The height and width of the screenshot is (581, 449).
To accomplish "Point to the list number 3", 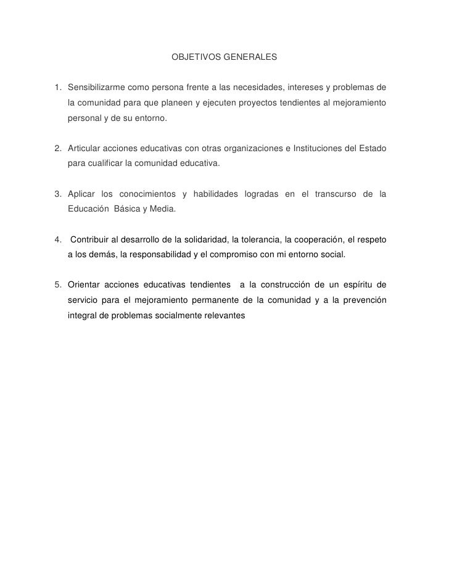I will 57,194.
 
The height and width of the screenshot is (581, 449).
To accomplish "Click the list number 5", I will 57,284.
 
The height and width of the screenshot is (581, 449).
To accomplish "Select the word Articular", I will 84,149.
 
